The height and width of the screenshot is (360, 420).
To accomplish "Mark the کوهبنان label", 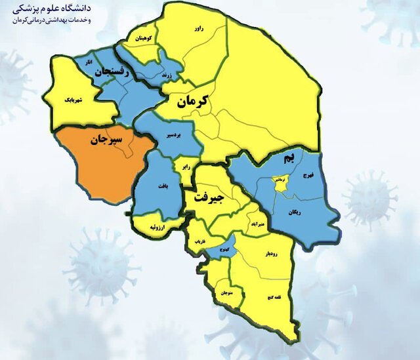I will [x=145, y=39].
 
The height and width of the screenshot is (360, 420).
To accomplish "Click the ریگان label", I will [x=296, y=212].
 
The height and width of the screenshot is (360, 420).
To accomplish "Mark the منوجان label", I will [x=223, y=292].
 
